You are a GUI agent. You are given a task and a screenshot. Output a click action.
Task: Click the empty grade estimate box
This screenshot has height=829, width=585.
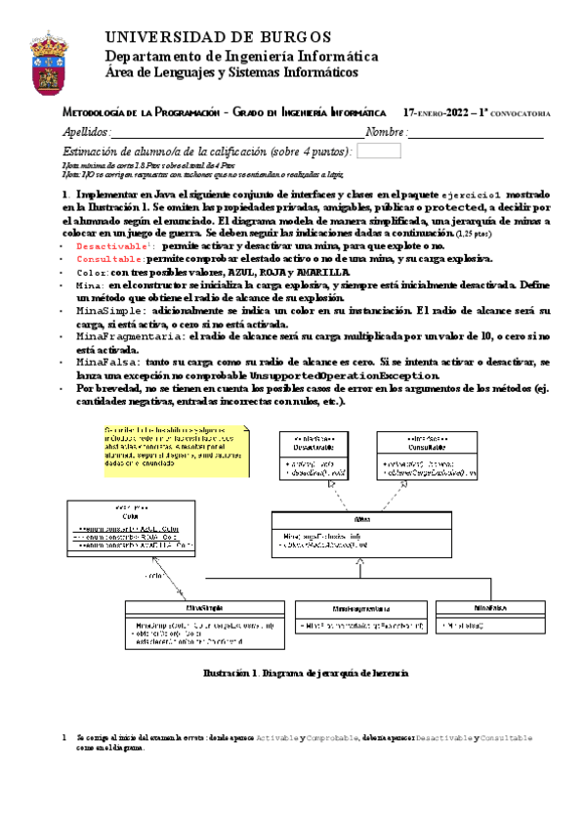click(x=386, y=152)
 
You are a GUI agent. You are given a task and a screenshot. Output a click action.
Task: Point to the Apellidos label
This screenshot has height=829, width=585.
click(x=86, y=132)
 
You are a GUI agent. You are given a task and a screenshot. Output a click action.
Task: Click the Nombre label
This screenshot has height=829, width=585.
click(x=386, y=132)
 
